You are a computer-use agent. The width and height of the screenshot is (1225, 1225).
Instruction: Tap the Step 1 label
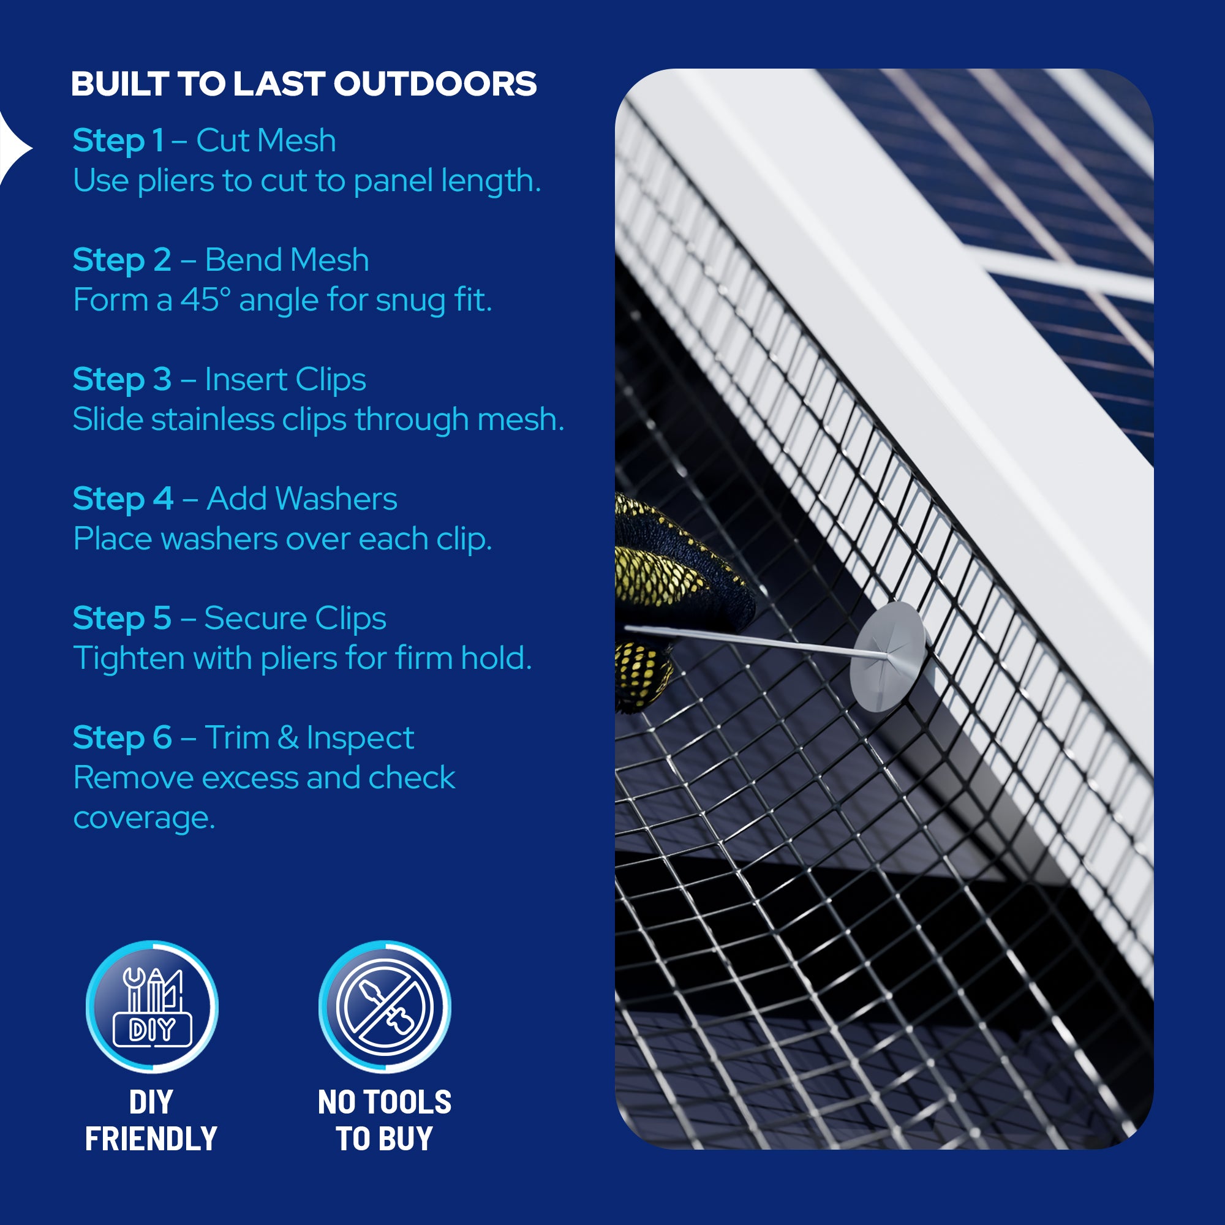pyautogui.click(x=119, y=140)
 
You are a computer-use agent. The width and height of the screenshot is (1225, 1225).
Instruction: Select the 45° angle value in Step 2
pyautogui.click(x=205, y=300)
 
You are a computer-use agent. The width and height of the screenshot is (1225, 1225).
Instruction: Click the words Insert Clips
pyautogui.click(x=285, y=379)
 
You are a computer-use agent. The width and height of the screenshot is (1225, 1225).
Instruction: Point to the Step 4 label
pyautogui.click(x=123, y=499)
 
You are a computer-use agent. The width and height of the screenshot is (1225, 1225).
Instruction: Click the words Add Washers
pyautogui.click(x=302, y=499)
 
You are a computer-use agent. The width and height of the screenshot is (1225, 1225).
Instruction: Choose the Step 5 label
pyautogui.click(x=122, y=618)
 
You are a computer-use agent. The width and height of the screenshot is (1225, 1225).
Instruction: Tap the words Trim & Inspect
pyautogui.click(x=309, y=737)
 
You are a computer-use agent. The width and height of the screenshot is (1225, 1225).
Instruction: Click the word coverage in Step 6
pyautogui.click(x=144, y=817)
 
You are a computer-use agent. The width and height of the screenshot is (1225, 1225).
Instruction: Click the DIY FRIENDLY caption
pyautogui.click(x=151, y=1120)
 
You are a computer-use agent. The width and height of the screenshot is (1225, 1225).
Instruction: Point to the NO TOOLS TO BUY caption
pyautogui.click(x=384, y=1120)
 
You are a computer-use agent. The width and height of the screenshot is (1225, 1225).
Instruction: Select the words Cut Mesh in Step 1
pyautogui.click(x=266, y=140)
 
